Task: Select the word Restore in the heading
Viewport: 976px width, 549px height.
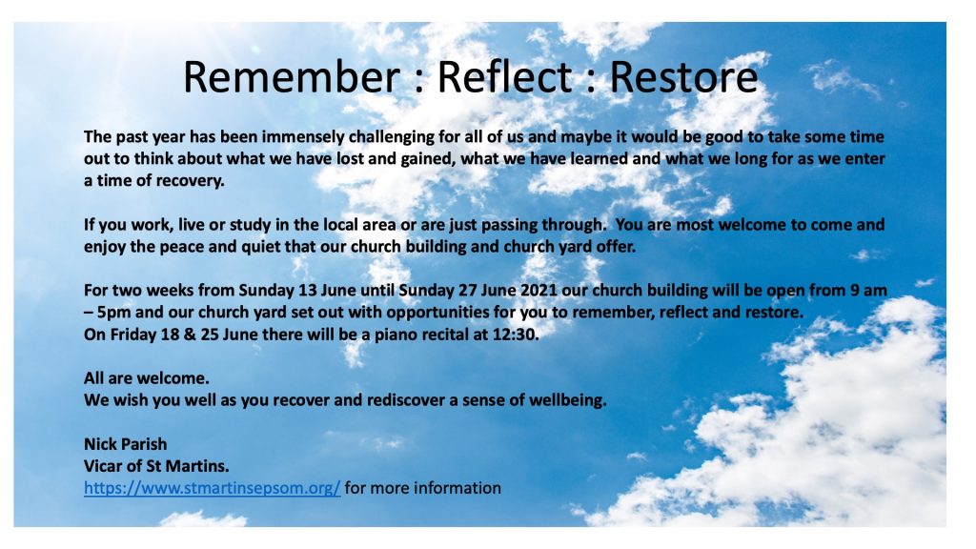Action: point(683,76)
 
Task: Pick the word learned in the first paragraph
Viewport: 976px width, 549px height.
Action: point(591,159)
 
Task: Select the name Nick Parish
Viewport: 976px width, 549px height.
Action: point(125,444)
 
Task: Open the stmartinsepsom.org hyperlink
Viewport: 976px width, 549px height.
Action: point(212,488)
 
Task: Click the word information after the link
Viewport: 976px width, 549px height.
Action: point(455,488)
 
